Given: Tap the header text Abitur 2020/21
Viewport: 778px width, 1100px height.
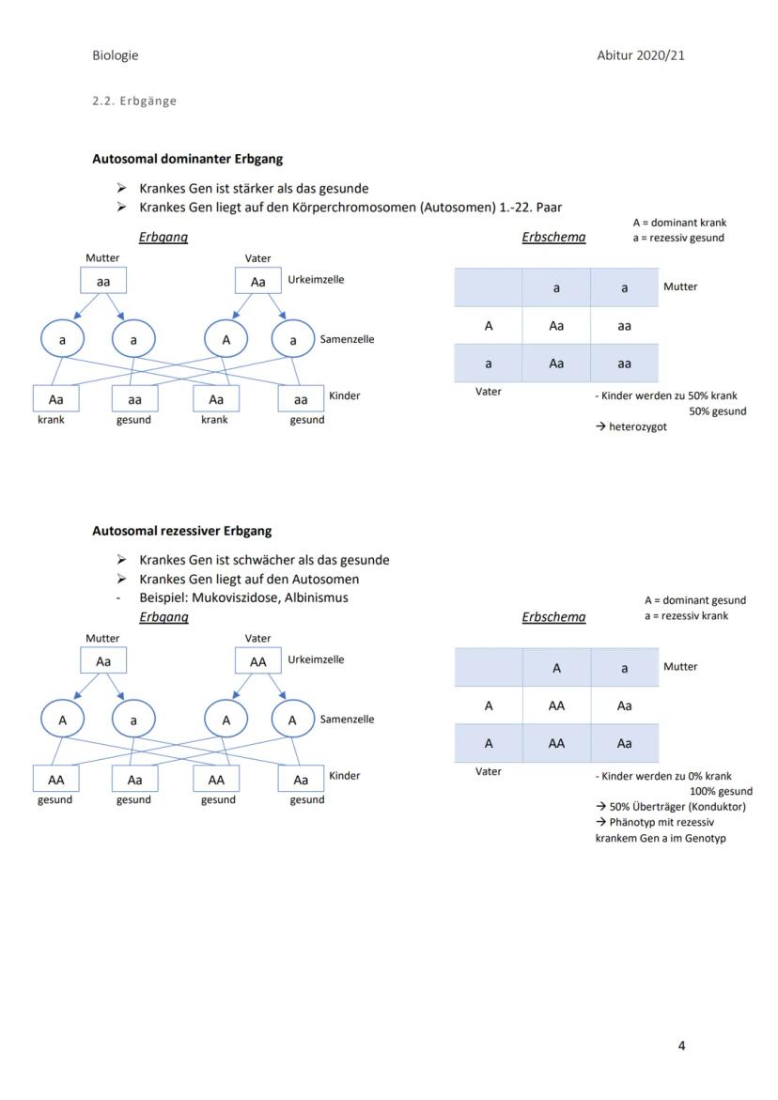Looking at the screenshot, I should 641,55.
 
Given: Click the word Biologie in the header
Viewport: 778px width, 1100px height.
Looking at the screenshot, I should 115,55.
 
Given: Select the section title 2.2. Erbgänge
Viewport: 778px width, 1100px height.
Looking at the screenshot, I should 134,101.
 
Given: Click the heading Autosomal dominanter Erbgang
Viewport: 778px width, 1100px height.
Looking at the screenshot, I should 187,159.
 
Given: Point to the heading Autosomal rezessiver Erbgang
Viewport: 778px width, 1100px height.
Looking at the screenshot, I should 181,531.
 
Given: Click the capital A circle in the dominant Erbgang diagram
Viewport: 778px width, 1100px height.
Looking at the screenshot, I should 226,340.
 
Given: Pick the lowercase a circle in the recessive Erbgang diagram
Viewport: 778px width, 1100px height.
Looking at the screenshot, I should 133,720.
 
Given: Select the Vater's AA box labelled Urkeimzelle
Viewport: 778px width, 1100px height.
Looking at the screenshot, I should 257,661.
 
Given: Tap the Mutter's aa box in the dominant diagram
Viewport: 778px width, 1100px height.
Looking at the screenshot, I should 103,281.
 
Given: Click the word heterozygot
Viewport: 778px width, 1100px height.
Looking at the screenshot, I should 638,427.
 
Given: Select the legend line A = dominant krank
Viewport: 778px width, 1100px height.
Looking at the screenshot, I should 679,223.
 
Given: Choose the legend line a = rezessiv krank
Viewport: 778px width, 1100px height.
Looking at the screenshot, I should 686,616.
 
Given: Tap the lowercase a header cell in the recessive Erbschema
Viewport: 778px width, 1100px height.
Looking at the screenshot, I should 625,668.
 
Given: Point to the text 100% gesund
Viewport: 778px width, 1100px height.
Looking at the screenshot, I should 721,792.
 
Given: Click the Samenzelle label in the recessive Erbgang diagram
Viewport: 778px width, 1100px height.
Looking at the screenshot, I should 347,720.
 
